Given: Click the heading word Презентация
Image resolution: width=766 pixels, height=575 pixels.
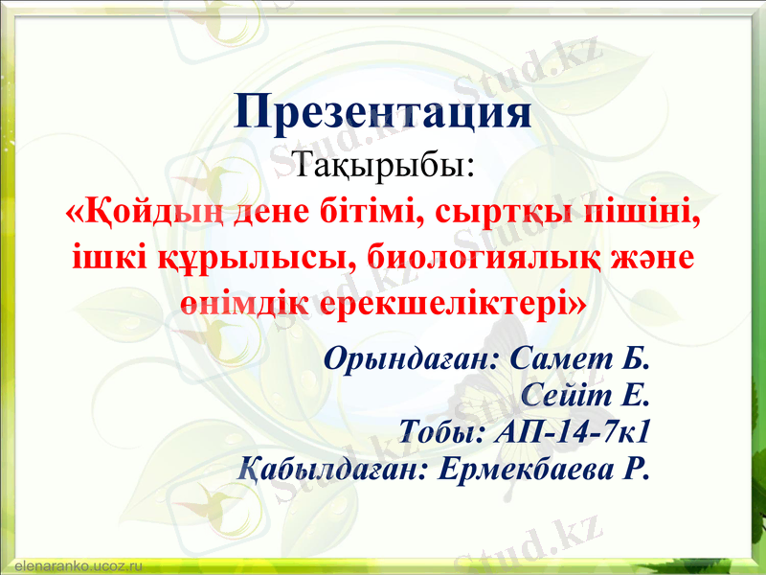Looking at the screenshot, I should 383,113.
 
